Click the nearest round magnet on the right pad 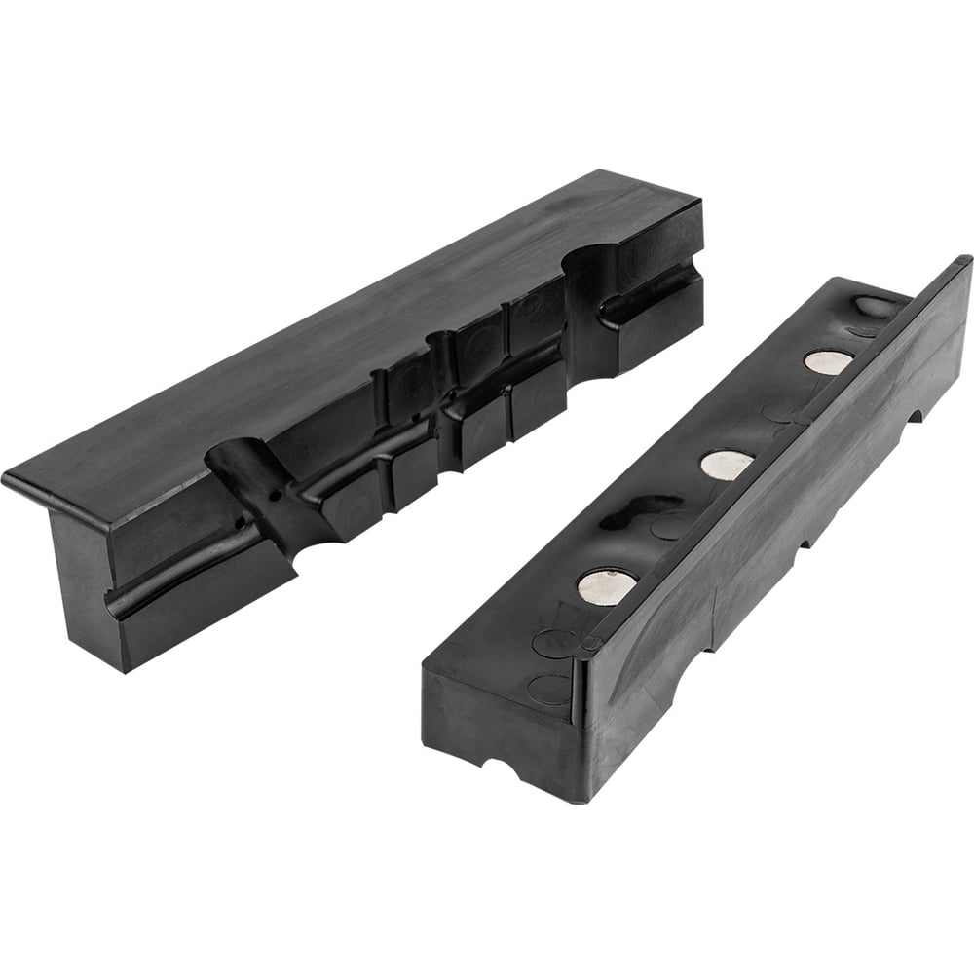point(605,584)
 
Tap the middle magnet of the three point(726,465)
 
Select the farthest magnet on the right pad point(828,360)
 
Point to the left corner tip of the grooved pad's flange point(8,479)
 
